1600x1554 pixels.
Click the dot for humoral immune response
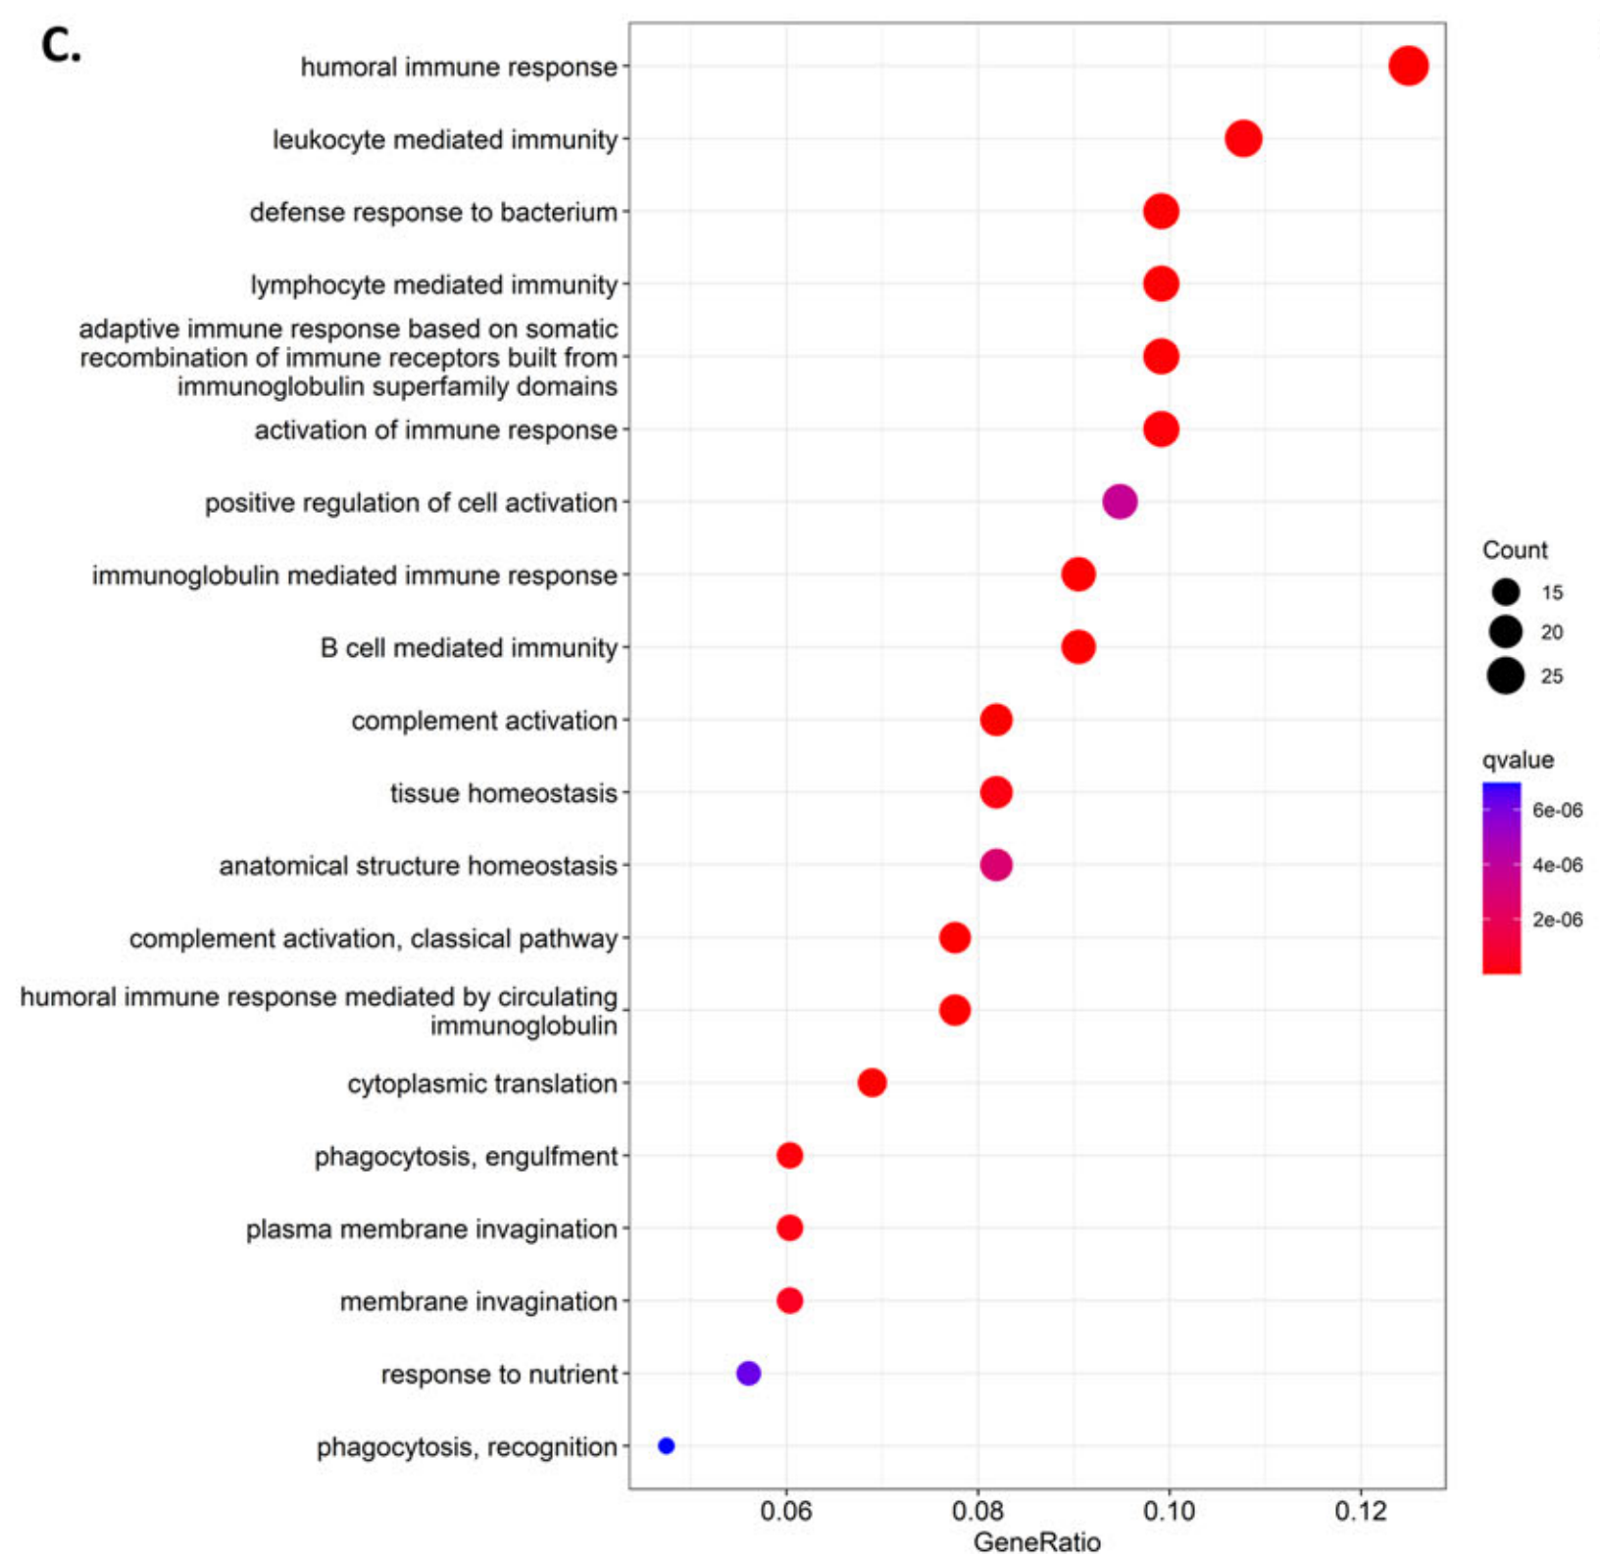1408,67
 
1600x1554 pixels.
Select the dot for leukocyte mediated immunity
1243,139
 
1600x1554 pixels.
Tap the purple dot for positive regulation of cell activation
1120,502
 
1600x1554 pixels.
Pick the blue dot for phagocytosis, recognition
667,1445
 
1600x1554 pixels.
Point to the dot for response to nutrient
748,1373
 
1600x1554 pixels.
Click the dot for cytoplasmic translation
872,1082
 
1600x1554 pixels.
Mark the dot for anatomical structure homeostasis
996,865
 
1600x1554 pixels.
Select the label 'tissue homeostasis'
504,793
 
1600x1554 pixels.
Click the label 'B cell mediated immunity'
469,648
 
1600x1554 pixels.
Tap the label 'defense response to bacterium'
433,213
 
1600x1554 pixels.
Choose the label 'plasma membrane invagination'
431,1229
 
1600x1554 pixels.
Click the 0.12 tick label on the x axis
1361,1511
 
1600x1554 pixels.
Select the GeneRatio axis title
1036,1541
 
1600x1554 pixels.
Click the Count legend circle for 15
1506,592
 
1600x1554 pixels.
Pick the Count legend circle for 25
1506,676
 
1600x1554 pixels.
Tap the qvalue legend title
1518,760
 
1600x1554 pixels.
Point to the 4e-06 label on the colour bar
1557,865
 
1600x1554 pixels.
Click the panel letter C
61,45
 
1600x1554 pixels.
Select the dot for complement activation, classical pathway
955,937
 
